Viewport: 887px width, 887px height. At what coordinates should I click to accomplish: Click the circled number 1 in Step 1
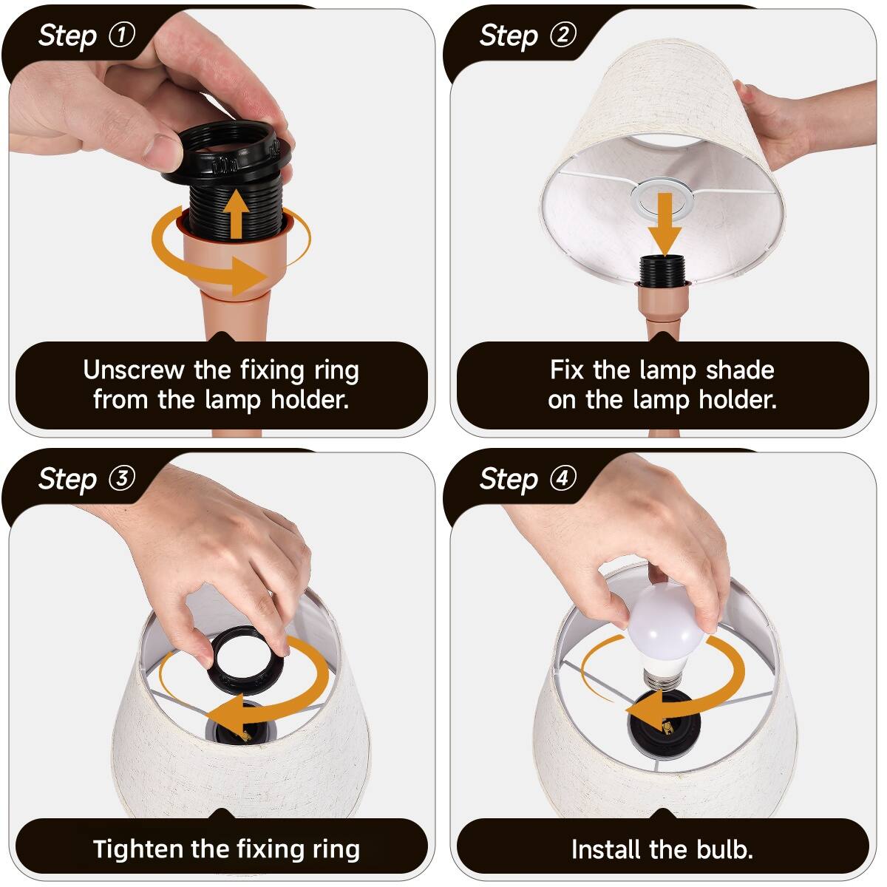122,35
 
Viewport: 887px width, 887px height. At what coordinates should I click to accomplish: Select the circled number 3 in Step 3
122,478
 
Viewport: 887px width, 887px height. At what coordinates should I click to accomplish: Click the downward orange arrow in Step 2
665,225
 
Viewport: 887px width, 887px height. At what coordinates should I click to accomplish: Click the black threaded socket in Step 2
665,268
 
